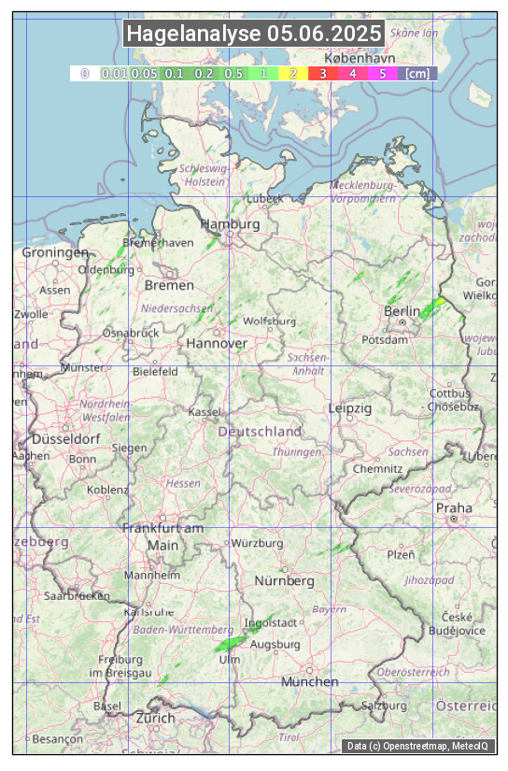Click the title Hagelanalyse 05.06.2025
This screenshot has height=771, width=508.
coord(254,34)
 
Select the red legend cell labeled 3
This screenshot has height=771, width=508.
coord(322,73)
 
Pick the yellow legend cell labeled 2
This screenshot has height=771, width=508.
coord(293,73)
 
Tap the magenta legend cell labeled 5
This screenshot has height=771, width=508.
coord(381,73)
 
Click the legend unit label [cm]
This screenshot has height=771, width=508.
coord(418,73)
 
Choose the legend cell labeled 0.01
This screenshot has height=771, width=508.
coord(114,73)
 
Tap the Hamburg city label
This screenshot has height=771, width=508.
coord(230,225)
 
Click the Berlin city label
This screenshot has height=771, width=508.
coord(402,311)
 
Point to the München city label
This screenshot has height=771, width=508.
coord(310,681)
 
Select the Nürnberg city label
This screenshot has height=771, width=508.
coord(285,581)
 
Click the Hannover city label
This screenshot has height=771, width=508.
coord(217,344)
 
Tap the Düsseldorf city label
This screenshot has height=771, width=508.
coord(66,439)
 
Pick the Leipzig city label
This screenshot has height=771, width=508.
coord(350,408)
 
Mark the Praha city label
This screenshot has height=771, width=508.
coord(454,507)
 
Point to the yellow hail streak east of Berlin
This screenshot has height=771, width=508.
coord(431,307)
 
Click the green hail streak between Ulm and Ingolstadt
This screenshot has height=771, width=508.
coord(235,638)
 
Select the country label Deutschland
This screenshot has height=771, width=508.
coord(260,432)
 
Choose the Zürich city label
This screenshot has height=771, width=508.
coord(155,718)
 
